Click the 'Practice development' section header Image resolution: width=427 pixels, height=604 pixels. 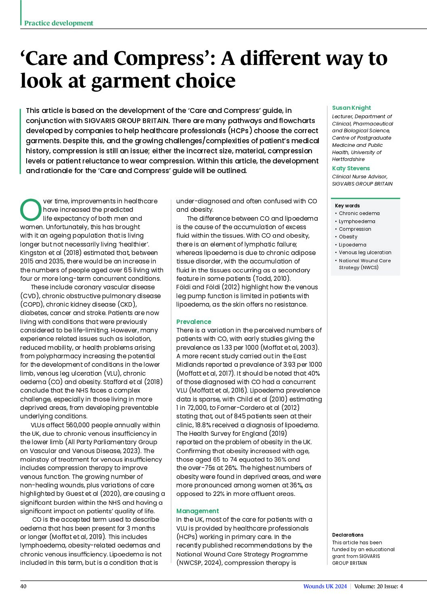[x=59, y=23]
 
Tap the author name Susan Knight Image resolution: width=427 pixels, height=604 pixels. [x=351, y=108]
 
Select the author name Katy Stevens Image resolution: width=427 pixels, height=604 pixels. [x=351, y=168]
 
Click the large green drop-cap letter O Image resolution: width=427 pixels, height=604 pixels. [x=31, y=210]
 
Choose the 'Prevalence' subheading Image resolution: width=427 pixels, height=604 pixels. [x=194, y=322]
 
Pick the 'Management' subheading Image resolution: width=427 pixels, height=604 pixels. [x=197, y=511]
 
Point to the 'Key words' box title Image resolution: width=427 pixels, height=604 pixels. [x=347, y=205]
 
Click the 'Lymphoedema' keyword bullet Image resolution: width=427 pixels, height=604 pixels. [x=357, y=221]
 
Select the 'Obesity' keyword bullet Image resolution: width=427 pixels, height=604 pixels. [x=348, y=237]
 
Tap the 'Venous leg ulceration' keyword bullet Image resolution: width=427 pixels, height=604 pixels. [x=365, y=253]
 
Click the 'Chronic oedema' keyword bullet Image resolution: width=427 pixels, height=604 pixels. [x=359, y=213]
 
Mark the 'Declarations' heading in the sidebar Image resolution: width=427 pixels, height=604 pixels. [x=347, y=535]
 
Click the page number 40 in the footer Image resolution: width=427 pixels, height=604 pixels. [x=23, y=586]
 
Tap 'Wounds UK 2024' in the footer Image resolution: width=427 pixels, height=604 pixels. [x=325, y=586]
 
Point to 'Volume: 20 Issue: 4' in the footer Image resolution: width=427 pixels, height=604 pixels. [x=379, y=586]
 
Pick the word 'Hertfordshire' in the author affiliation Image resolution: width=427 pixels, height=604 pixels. [x=348, y=159]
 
